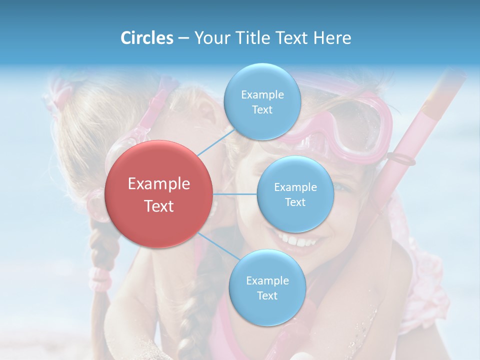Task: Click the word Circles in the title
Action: [146, 38]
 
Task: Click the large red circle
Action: [158, 194]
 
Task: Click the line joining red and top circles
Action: [216, 142]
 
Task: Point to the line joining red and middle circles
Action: [235, 194]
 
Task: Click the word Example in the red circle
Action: [158, 184]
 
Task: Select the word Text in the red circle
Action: [158, 206]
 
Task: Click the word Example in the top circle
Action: [262, 95]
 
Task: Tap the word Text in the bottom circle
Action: [267, 295]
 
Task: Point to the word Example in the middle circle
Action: [295, 187]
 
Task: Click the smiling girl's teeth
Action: [300, 241]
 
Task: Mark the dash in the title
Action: [183, 38]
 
